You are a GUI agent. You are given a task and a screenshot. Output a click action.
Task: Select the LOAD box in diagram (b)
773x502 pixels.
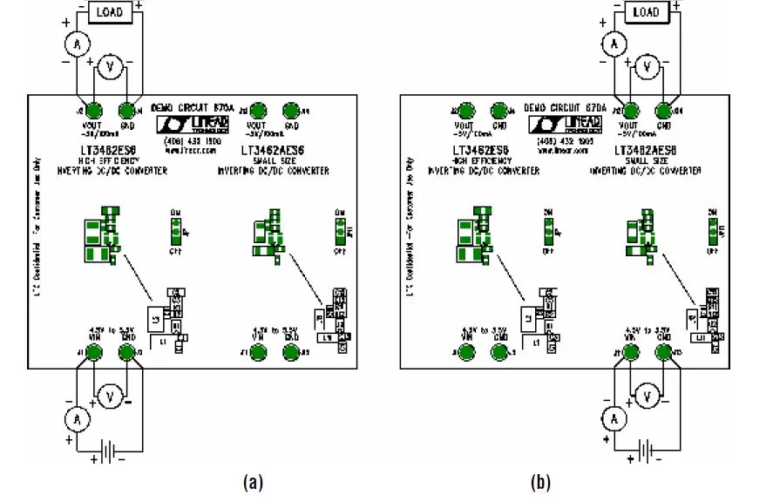coord(645,12)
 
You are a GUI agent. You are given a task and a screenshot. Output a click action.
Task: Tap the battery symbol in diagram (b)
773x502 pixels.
coord(645,454)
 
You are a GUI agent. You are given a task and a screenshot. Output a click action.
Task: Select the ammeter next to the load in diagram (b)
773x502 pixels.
coord(614,44)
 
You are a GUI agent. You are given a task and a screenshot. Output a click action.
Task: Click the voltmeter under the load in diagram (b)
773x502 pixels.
coord(646,65)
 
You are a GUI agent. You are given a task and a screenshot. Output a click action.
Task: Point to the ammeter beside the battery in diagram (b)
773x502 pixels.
coord(614,419)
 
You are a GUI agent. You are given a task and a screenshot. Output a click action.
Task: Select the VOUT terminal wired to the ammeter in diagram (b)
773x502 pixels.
coord(629,111)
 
